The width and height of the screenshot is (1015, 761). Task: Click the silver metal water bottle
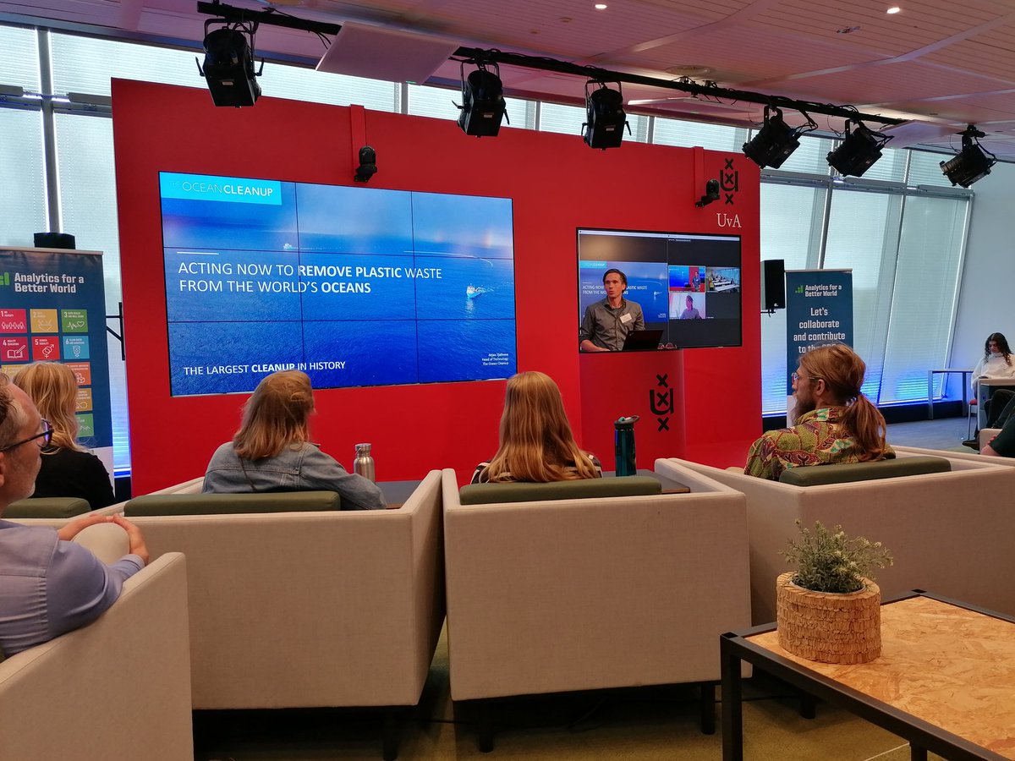coord(364,462)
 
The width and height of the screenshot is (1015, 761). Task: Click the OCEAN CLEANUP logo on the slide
coord(221,189)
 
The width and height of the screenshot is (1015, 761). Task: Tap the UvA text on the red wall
coord(728,221)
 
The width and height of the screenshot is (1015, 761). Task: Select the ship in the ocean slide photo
coord(475,291)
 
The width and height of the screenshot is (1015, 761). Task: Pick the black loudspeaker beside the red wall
coord(773,285)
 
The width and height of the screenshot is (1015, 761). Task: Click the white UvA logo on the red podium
coord(661,402)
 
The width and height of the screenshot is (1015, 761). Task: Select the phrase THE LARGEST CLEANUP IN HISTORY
coord(264,366)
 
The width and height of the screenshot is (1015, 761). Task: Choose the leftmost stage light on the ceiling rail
coord(230,66)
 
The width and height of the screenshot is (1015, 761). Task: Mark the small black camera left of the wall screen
coord(365,163)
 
